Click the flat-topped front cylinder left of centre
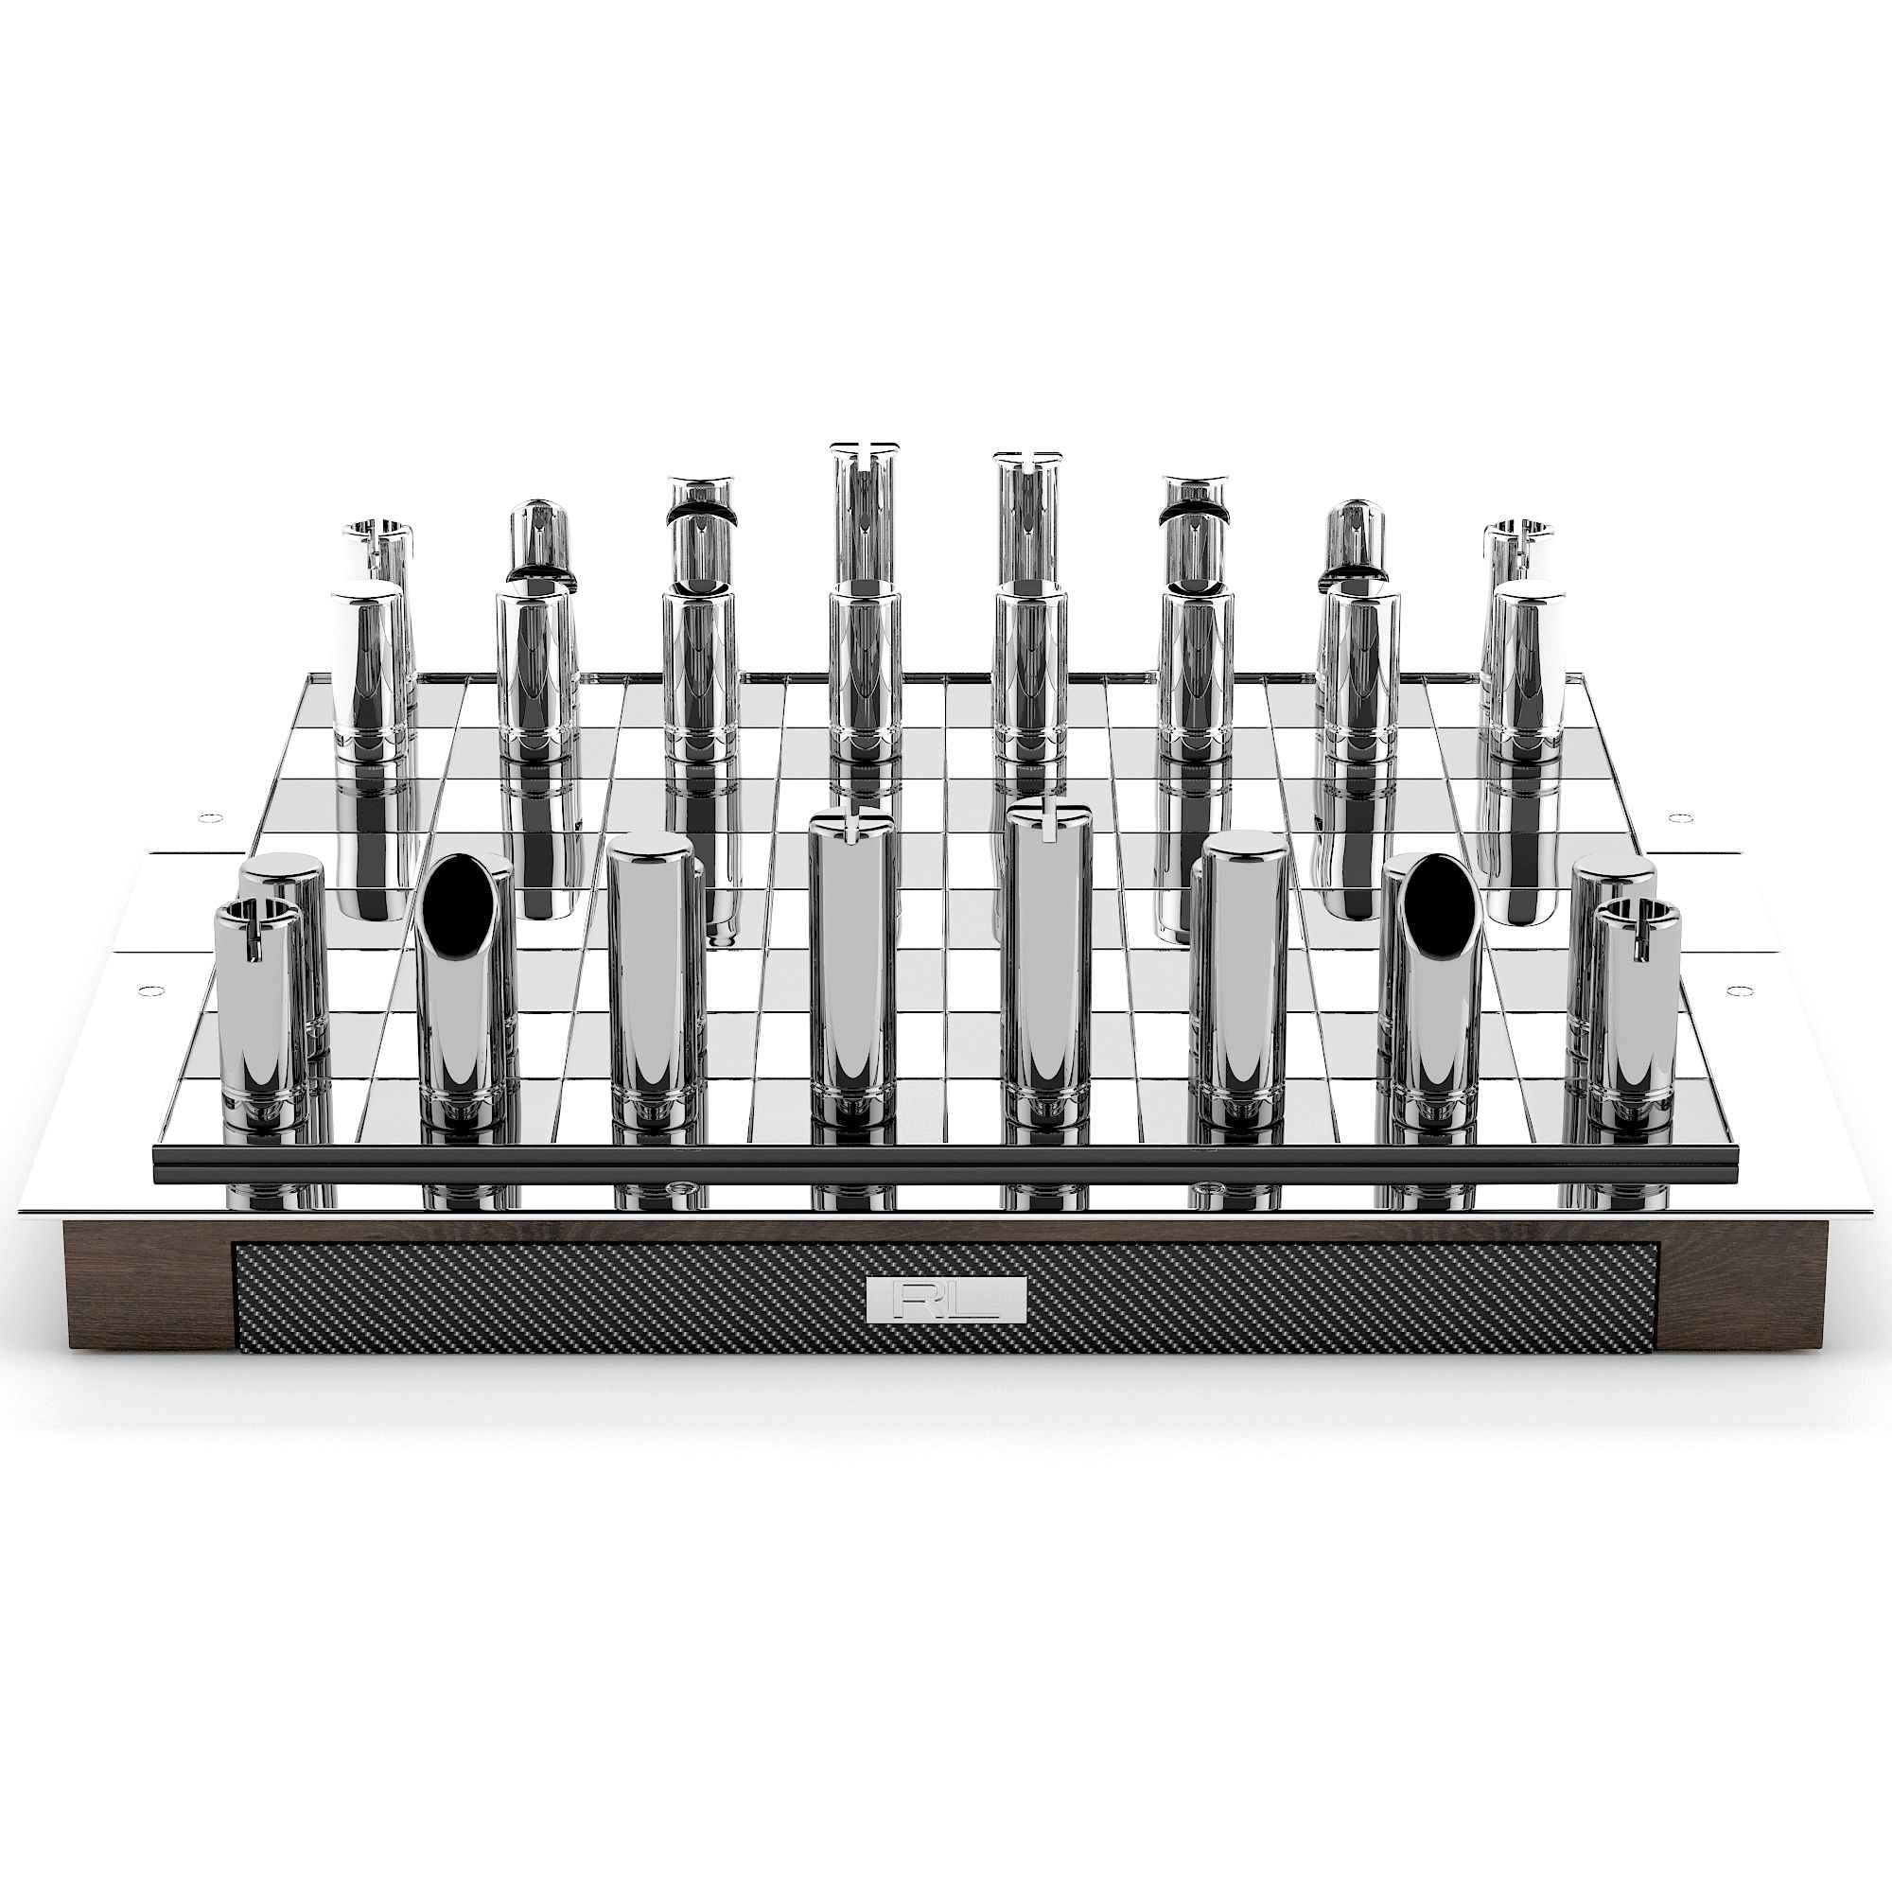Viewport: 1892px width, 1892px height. pos(650,979)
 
